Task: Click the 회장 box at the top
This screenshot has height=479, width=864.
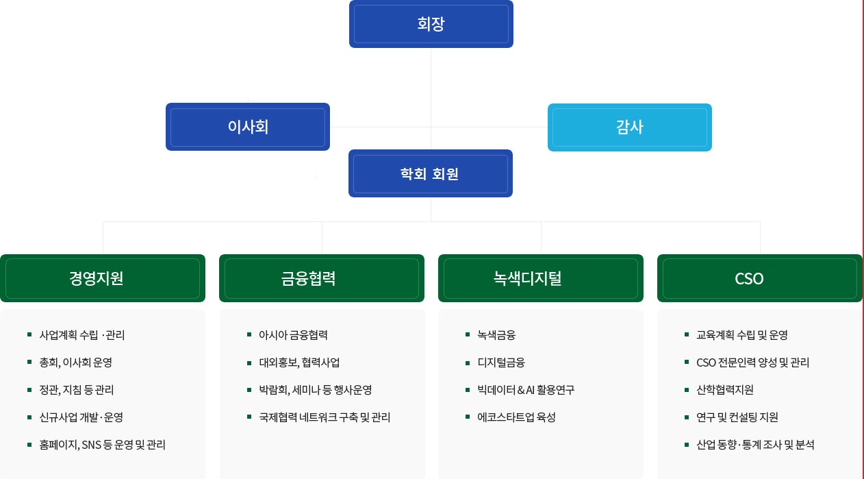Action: pos(431,24)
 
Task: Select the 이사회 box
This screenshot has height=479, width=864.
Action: pos(248,127)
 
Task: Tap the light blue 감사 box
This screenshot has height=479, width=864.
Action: pos(629,127)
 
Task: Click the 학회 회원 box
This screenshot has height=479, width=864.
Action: pos(431,173)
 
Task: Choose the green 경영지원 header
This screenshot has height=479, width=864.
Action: pos(103,278)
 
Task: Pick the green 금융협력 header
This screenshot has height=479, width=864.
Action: pos(322,278)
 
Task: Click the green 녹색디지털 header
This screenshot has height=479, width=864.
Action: pos(541,278)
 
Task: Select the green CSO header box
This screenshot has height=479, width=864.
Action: pos(760,278)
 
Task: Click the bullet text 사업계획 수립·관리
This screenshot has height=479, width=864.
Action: pos(81,334)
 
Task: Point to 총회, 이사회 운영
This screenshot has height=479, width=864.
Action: pos(75,362)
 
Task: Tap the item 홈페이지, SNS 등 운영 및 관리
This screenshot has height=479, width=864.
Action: pos(102,445)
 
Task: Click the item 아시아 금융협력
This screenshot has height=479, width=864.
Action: pos(293,334)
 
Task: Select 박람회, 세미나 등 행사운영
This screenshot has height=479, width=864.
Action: pos(315,389)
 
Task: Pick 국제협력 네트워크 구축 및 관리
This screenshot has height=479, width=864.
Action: pos(325,417)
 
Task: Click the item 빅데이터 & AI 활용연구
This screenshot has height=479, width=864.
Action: pos(526,389)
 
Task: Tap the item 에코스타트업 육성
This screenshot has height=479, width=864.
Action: pos(516,417)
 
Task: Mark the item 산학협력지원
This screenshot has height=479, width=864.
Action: pos(725,389)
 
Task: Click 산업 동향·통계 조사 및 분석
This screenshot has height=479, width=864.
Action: pos(755,445)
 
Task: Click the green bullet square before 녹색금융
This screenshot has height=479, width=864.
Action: pos(468,334)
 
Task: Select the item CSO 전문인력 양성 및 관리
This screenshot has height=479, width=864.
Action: pos(752,362)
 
